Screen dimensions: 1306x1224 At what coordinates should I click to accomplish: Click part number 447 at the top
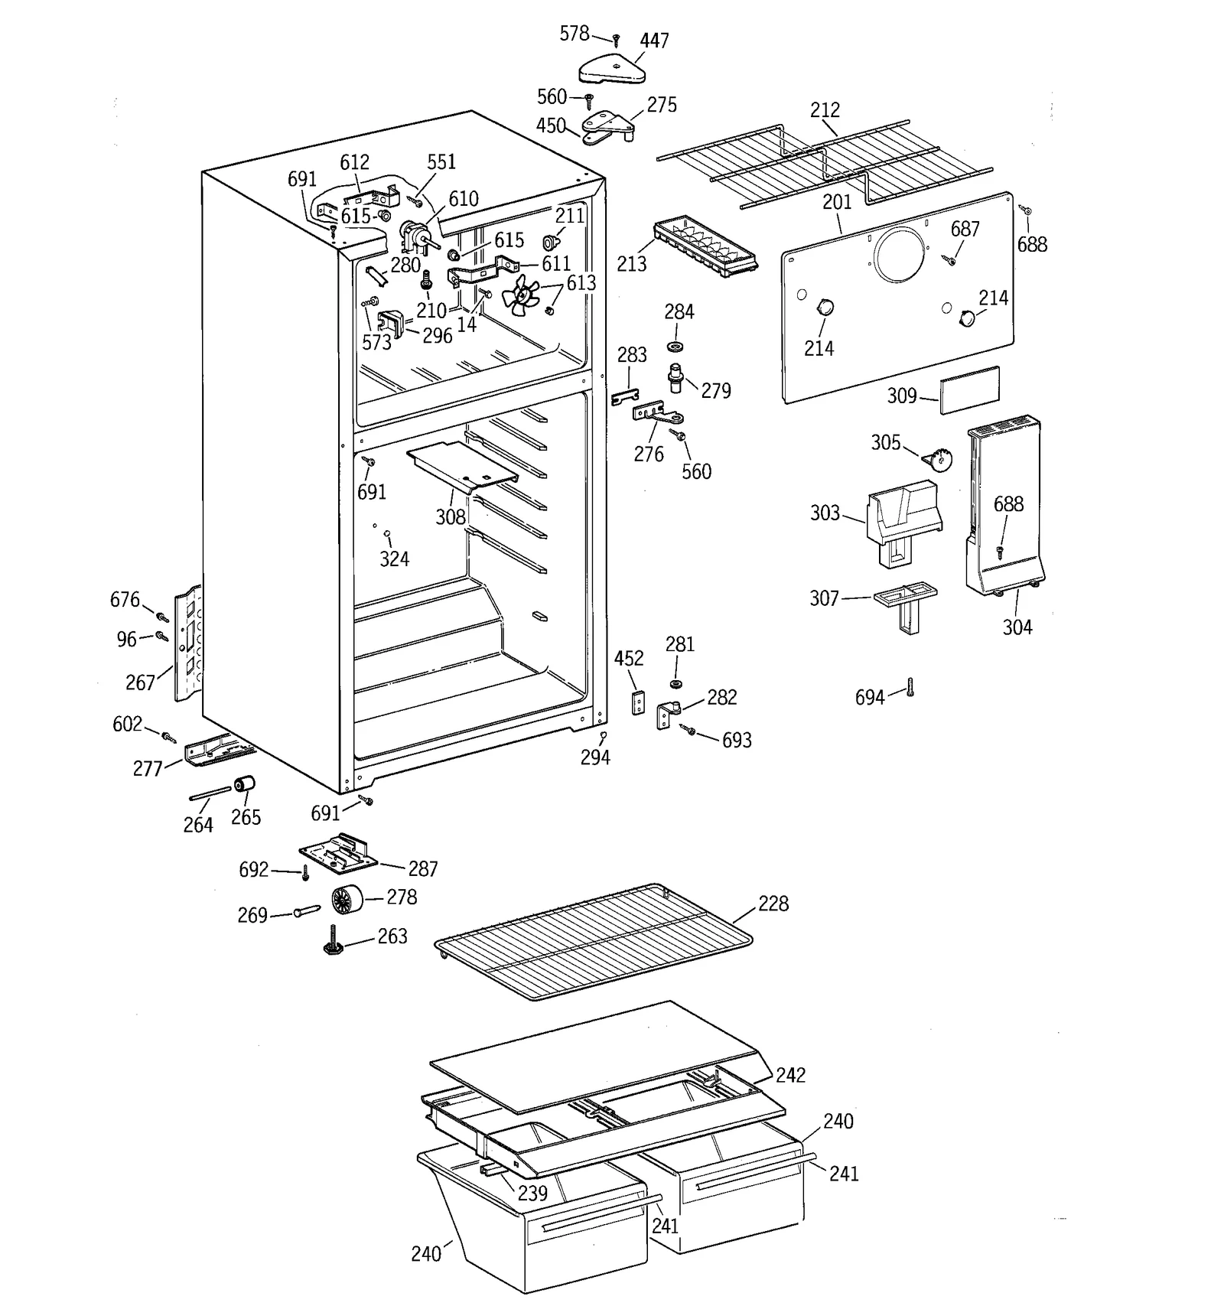(x=654, y=41)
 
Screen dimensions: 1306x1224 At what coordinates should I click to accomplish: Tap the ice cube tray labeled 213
(x=704, y=245)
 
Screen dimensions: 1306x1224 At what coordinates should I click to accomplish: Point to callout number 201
(x=837, y=202)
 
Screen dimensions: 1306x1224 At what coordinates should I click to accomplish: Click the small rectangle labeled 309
(x=969, y=390)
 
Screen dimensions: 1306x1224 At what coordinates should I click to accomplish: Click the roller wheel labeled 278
(x=348, y=898)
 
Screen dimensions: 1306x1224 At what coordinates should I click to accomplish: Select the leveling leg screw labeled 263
(x=335, y=941)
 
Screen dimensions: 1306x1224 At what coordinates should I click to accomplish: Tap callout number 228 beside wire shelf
(x=773, y=904)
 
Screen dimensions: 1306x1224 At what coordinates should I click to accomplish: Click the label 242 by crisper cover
(x=790, y=1075)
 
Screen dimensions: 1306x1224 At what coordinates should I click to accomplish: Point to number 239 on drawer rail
(x=532, y=1193)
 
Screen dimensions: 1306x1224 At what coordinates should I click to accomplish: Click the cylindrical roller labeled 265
(x=243, y=785)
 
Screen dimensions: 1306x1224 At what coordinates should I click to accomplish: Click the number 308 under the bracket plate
(x=451, y=517)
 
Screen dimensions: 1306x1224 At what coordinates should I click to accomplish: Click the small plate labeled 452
(x=638, y=702)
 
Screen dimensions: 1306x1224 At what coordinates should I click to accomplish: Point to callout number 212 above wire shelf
(x=825, y=110)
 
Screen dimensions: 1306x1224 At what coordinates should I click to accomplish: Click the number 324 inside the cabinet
(x=394, y=559)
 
